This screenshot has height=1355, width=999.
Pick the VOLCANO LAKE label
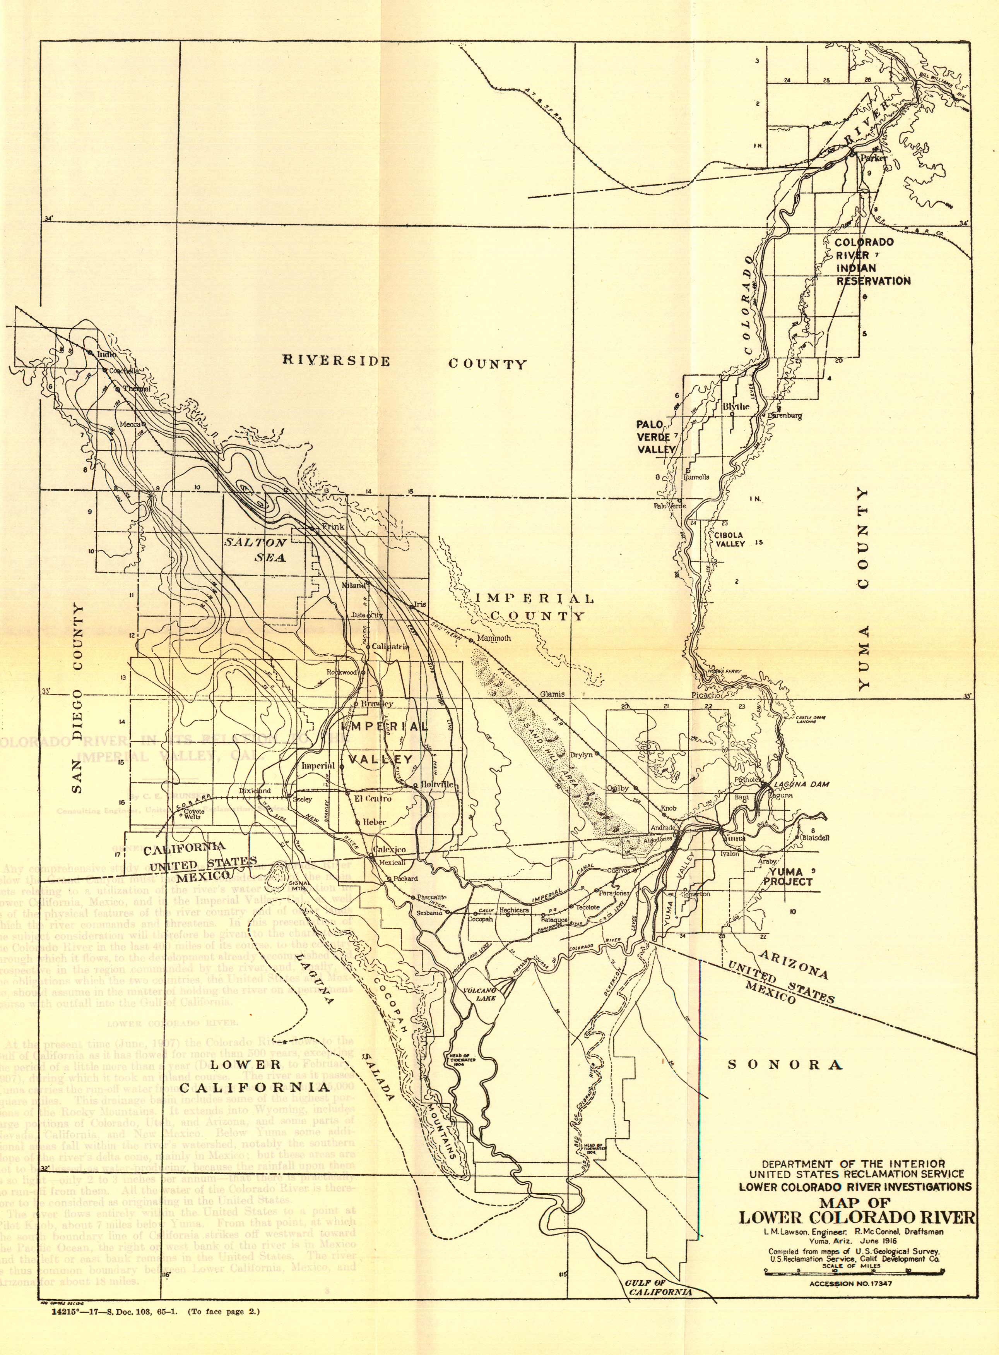tap(480, 994)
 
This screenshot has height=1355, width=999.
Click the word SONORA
tap(785, 1065)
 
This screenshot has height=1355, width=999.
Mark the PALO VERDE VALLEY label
tap(655, 437)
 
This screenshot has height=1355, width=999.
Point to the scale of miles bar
tap(854, 1272)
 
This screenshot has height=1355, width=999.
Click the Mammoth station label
tap(494, 638)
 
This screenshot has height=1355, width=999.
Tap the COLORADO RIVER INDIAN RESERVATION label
tap(872, 261)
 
